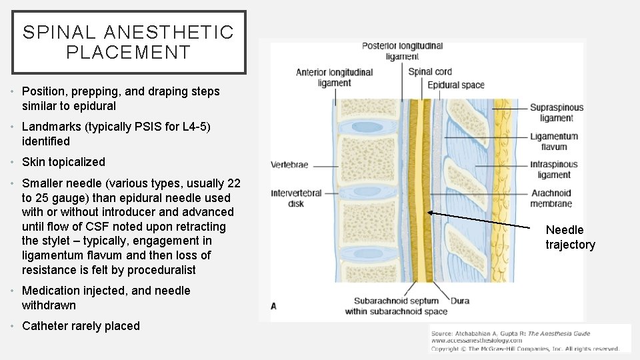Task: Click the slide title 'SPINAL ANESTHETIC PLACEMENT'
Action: point(129,42)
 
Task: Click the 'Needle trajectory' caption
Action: point(570,237)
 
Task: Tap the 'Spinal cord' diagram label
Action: point(429,71)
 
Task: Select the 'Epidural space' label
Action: point(456,85)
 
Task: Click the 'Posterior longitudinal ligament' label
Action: point(402,51)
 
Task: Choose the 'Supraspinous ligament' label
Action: point(557,113)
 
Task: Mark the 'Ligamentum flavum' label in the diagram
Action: point(554,141)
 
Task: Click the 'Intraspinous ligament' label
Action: point(554,169)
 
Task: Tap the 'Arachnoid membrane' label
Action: point(551,198)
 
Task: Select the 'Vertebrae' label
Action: point(290,164)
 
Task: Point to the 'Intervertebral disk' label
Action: point(297,198)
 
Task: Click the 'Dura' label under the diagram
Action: point(460,301)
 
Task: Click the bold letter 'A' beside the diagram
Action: point(274,306)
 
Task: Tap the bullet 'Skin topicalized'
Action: point(63,162)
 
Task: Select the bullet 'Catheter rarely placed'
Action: point(81,326)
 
